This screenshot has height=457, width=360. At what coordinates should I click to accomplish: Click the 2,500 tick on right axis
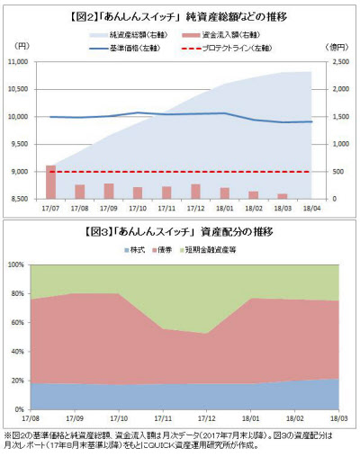[335, 62]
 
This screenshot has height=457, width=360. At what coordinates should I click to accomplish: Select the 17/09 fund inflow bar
[108, 191]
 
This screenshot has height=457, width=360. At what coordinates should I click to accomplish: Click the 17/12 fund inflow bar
[195, 191]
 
